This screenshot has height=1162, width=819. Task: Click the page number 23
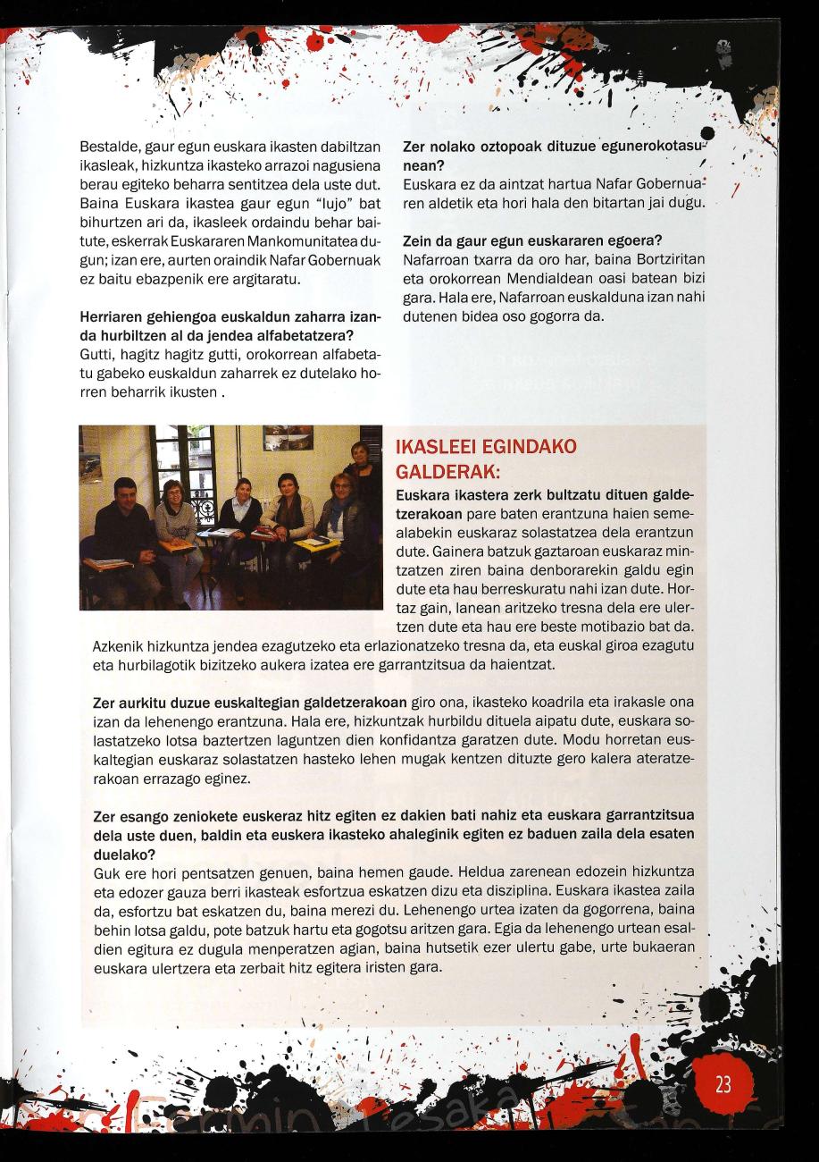(x=723, y=1084)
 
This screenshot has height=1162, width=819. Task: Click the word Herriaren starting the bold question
(x=112, y=318)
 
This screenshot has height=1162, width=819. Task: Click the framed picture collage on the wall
(x=288, y=438)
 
